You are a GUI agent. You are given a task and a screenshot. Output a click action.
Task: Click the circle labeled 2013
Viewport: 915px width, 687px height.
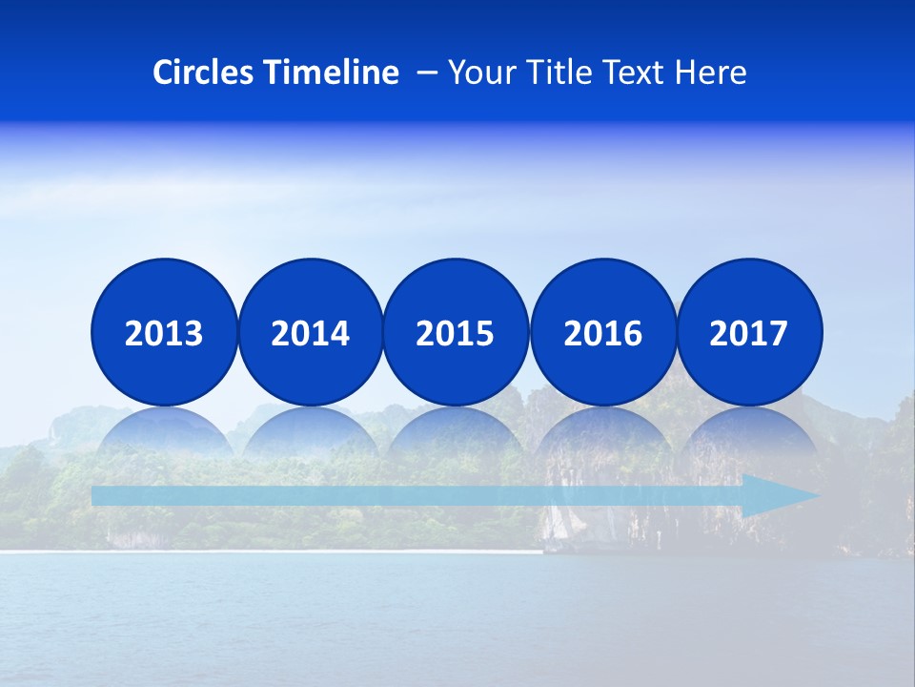click(164, 332)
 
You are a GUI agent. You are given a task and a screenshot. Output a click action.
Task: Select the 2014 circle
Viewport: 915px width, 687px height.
click(310, 332)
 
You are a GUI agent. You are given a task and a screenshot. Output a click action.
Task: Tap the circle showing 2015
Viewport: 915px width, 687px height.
click(456, 332)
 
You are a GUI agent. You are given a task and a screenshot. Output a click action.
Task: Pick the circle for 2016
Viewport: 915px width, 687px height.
click(602, 332)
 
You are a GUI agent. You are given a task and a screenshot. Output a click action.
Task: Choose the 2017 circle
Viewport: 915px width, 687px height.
click(749, 332)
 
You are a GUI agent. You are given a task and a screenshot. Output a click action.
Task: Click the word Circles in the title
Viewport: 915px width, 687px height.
click(204, 73)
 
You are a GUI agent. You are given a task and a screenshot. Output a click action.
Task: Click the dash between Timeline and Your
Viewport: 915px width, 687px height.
click(426, 73)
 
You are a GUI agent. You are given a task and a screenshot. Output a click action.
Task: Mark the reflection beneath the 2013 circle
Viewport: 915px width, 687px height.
click(164, 434)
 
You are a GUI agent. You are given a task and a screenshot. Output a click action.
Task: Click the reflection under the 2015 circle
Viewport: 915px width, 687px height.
click(456, 434)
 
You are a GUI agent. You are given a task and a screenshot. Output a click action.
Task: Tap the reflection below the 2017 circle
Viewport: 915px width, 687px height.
click(749, 434)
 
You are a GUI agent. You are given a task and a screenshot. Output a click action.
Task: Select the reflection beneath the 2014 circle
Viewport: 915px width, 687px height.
click(310, 434)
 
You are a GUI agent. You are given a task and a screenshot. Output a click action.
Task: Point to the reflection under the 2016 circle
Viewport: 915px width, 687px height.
click(602, 434)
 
